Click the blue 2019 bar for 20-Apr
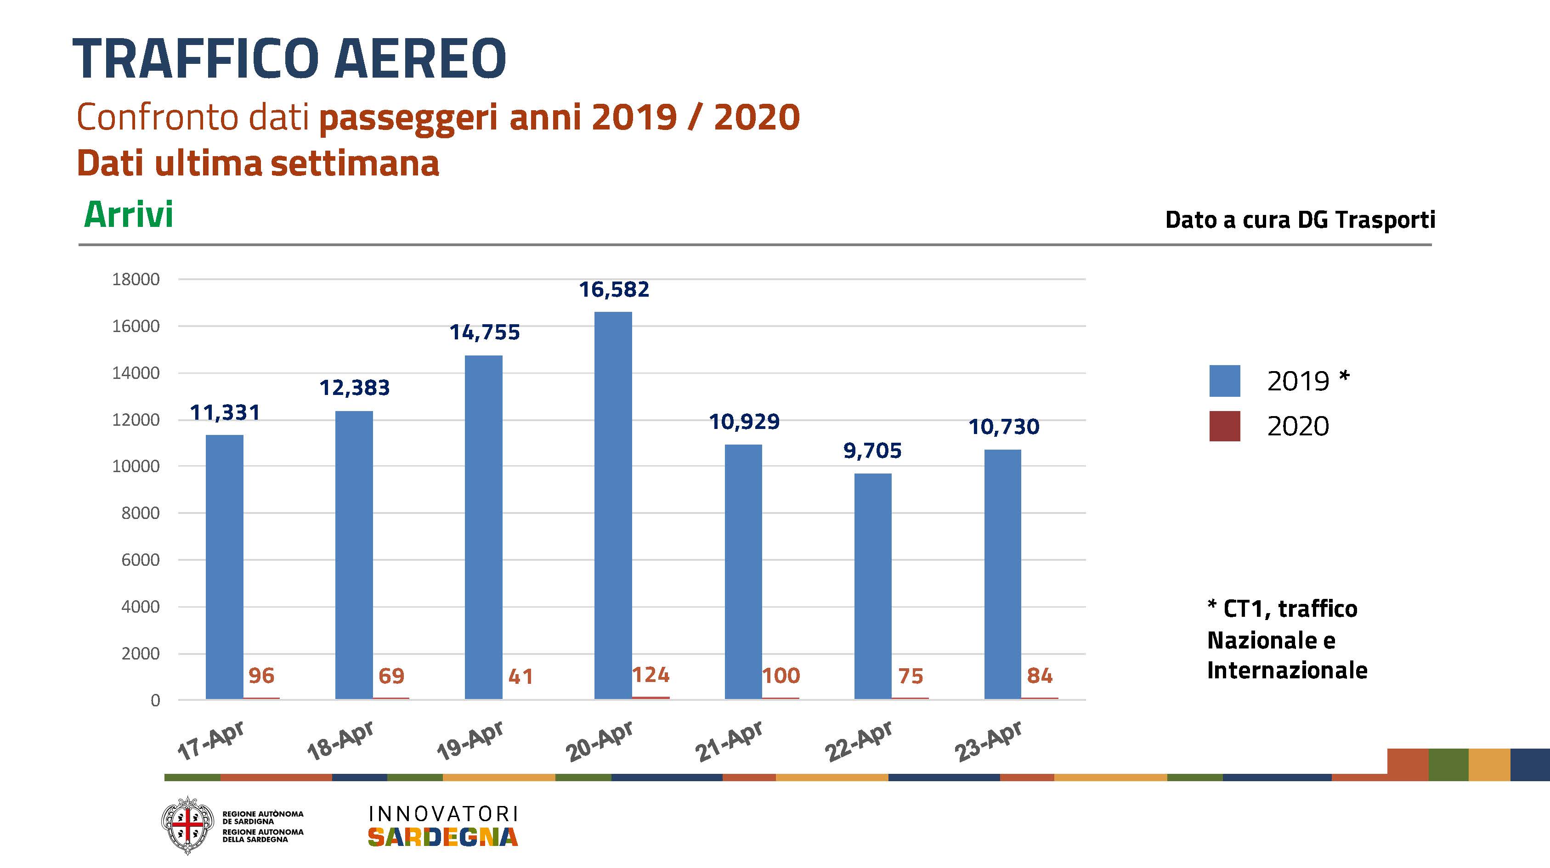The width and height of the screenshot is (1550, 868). pyautogui.click(x=613, y=505)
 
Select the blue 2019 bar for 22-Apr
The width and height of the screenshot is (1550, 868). pyautogui.click(x=872, y=586)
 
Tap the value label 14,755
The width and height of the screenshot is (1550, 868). pyautogui.click(x=484, y=332)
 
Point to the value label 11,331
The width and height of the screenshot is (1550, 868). pyautogui.click(x=225, y=413)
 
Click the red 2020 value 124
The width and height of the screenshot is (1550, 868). pyautogui.click(x=651, y=675)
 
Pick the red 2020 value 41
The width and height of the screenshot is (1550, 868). pyautogui.click(x=520, y=676)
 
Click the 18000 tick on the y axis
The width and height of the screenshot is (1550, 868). pyautogui.click(x=136, y=279)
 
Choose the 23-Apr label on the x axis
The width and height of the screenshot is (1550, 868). pyautogui.click(x=989, y=740)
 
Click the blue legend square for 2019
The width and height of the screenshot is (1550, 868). pyautogui.click(x=1224, y=381)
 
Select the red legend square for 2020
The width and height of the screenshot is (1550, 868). pyautogui.click(x=1224, y=427)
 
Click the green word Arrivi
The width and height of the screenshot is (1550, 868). pyautogui.click(x=128, y=215)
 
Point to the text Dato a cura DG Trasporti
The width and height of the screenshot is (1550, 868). pyautogui.click(x=1300, y=220)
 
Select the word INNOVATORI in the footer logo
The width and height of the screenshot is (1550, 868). pyautogui.click(x=443, y=814)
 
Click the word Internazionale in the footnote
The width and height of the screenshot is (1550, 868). pyautogui.click(x=1287, y=670)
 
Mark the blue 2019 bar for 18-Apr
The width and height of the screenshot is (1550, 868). pyautogui.click(x=354, y=555)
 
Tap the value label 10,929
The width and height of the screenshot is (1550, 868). pyautogui.click(x=744, y=422)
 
